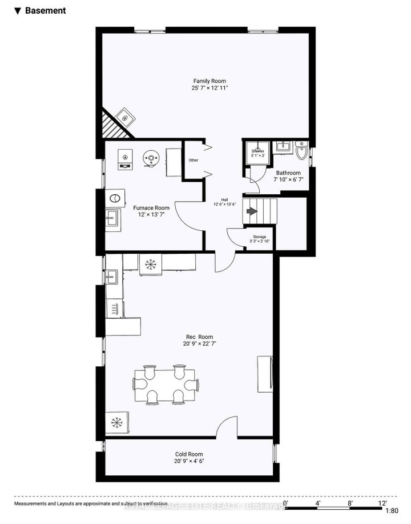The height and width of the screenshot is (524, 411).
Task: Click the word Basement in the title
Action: click(45, 10)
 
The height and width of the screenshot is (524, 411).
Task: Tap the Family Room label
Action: click(207, 81)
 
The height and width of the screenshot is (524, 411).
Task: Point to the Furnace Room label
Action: click(151, 208)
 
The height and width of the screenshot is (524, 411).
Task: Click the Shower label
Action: click(258, 151)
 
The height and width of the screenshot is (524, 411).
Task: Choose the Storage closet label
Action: click(259, 237)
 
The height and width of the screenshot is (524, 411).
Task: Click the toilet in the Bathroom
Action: click(303, 152)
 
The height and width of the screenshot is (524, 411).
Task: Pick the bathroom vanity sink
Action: click(282, 147)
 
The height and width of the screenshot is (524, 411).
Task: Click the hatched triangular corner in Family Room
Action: click(112, 125)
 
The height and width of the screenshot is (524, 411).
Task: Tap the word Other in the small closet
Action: click(194, 160)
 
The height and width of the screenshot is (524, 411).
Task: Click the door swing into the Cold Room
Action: click(226, 427)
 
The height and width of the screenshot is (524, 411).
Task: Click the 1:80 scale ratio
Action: click(392, 511)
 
